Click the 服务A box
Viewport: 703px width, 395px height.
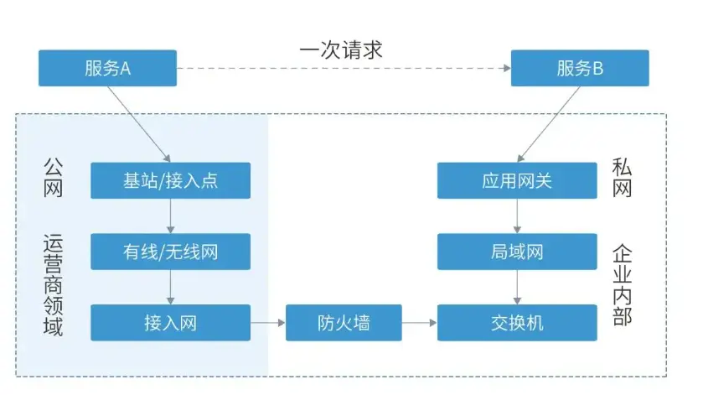107,68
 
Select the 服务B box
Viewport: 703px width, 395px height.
580,68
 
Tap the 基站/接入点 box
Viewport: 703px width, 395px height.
170,180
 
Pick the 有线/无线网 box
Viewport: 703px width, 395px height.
170,252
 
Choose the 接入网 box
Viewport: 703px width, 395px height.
170,323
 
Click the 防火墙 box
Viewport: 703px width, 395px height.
344,323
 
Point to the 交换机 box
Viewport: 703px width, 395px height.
517,323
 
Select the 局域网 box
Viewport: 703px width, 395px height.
517,252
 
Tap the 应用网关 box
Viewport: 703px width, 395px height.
517,180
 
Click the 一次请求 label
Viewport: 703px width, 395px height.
341,49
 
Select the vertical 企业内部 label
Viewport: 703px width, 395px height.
622,284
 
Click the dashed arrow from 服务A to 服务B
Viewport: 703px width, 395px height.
344,68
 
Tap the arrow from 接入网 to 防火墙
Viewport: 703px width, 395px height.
268,323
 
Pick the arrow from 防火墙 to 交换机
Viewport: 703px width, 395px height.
419,323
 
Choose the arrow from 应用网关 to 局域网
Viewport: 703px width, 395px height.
517,216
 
